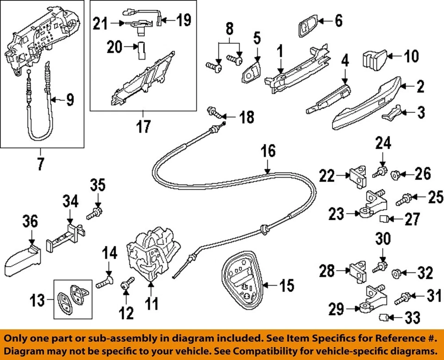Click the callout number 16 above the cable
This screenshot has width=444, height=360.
pyautogui.click(x=268, y=151)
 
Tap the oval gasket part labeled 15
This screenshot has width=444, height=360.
pyautogui.click(x=242, y=278)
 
